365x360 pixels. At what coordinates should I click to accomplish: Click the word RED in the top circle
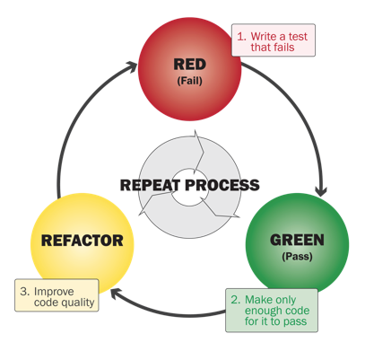pos(190,65)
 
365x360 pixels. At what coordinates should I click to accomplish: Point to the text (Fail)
pos(190,82)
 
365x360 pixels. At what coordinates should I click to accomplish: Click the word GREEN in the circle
pos(297,240)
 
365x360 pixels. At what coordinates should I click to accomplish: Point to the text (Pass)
pos(297,257)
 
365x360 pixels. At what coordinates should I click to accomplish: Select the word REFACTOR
pos(82,241)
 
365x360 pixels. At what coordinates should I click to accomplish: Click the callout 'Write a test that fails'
pos(274,40)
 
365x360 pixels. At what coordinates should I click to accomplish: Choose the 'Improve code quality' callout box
pos(56,295)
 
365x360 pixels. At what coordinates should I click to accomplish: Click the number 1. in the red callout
pos(241,35)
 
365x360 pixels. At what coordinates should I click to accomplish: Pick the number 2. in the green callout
pos(235,296)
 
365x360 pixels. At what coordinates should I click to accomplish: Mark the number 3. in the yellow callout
pos(25,290)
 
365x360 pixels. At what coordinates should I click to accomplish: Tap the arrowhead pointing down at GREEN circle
pos(320,190)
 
